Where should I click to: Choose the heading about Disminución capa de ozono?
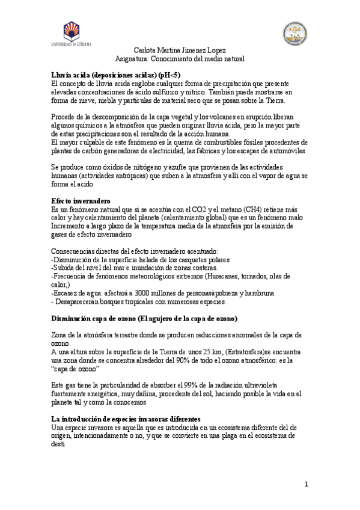coord(144,318)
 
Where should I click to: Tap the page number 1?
coord(306,484)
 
